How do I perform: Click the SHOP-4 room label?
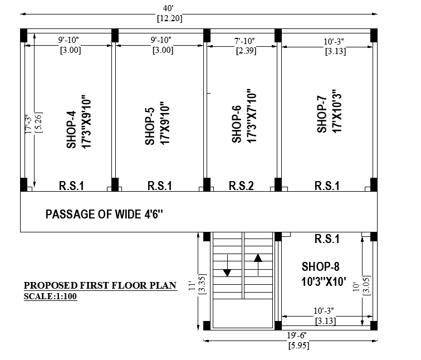(71, 130)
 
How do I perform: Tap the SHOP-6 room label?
(237, 124)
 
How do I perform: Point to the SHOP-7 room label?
(321, 115)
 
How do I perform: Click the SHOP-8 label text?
(321, 266)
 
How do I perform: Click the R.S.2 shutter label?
(241, 186)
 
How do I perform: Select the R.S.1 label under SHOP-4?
(71, 186)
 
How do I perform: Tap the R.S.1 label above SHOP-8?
(327, 239)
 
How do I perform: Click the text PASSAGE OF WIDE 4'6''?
(105, 214)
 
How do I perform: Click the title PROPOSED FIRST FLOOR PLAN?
(100, 286)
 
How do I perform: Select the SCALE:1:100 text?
(50, 296)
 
